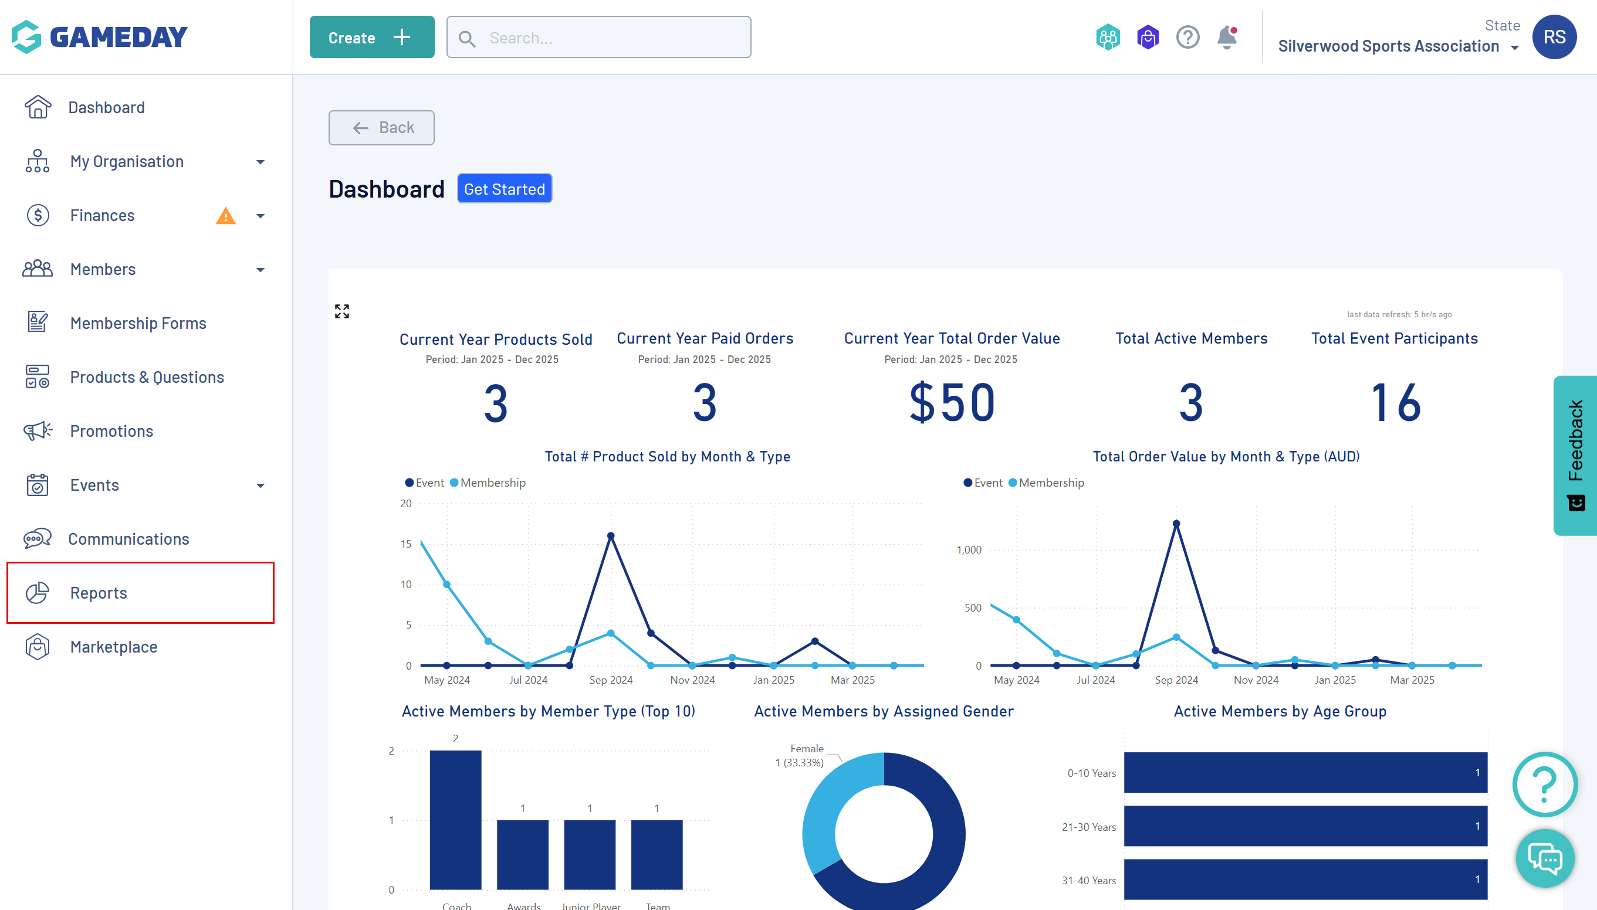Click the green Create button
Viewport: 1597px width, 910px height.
(x=371, y=38)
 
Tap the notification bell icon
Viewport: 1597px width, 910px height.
(x=1227, y=38)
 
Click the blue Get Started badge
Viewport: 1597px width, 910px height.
(x=504, y=189)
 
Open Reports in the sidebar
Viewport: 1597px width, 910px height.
(x=99, y=593)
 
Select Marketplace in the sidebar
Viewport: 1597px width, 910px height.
(x=114, y=647)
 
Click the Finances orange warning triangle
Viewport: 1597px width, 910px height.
(x=225, y=216)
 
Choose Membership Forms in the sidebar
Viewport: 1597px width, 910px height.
(x=137, y=323)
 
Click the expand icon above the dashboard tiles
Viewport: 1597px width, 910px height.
(x=342, y=311)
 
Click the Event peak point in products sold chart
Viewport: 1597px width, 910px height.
(x=611, y=536)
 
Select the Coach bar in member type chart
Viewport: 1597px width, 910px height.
(x=456, y=819)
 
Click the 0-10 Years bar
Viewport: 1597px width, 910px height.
(x=1305, y=772)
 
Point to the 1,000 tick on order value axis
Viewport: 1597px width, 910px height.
(x=969, y=550)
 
